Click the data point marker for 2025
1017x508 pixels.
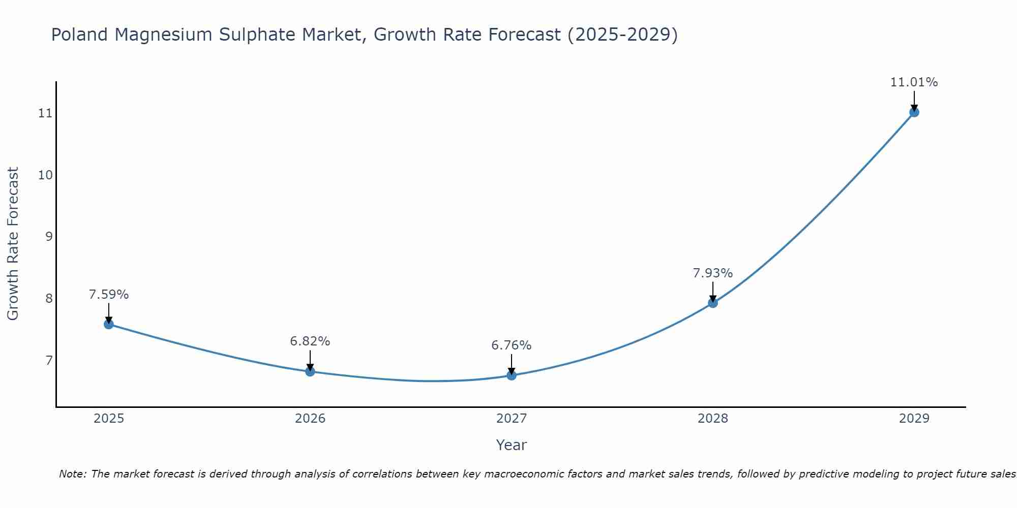(109, 324)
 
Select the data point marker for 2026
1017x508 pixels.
(310, 371)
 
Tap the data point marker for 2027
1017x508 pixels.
(512, 375)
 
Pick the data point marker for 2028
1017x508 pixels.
(713, 303)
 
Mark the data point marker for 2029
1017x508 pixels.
(914, 112)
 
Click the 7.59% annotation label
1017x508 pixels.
(109, 295)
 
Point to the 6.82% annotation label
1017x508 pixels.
(310, 341)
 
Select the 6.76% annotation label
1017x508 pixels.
(512, 345)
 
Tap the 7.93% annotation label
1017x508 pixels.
(713, 273)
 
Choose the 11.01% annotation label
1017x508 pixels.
(914, 82)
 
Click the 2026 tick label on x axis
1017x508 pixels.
(310, 419)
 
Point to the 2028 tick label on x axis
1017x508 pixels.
(713, 419)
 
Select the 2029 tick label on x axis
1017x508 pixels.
(914, 419)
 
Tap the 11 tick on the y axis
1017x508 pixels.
(45, 113)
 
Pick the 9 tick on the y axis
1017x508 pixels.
(49, 237)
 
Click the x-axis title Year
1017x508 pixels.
(512, 445)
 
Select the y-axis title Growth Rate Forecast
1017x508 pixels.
(13, 244)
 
